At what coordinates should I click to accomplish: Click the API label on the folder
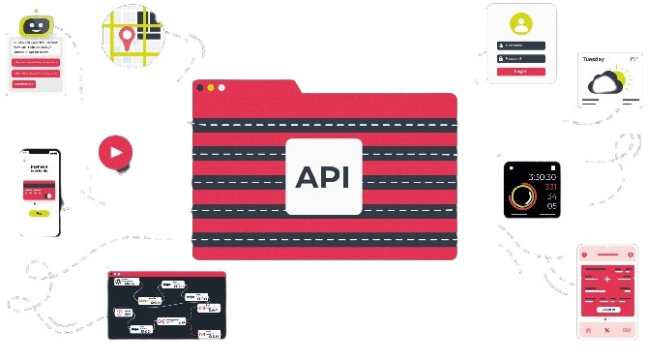[323, 177]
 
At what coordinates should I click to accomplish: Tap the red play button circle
[115, 151]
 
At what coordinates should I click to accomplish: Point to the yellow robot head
[37, 23]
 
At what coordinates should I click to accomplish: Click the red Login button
[521, 71]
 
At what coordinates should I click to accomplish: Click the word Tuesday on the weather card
[594, 59]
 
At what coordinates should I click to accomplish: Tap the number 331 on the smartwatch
[550, 187]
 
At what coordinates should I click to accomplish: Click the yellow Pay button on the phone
[40, 213]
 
